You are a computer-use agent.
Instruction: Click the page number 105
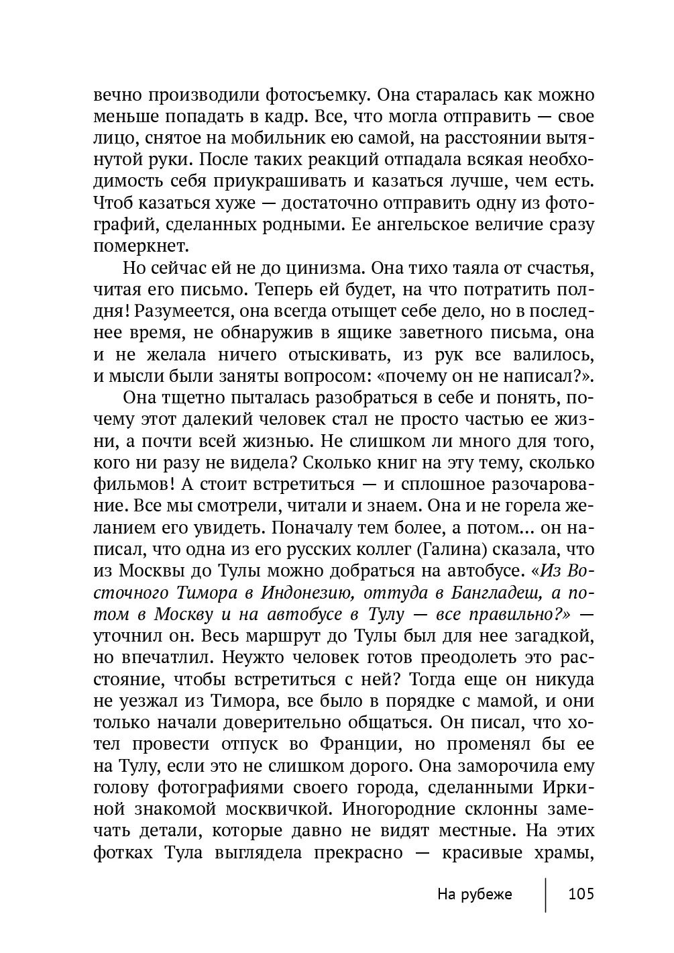[x=581, y=894]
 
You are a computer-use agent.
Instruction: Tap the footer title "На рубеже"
[x=474, y=894]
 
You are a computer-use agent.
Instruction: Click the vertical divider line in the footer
[x=546, y=894]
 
